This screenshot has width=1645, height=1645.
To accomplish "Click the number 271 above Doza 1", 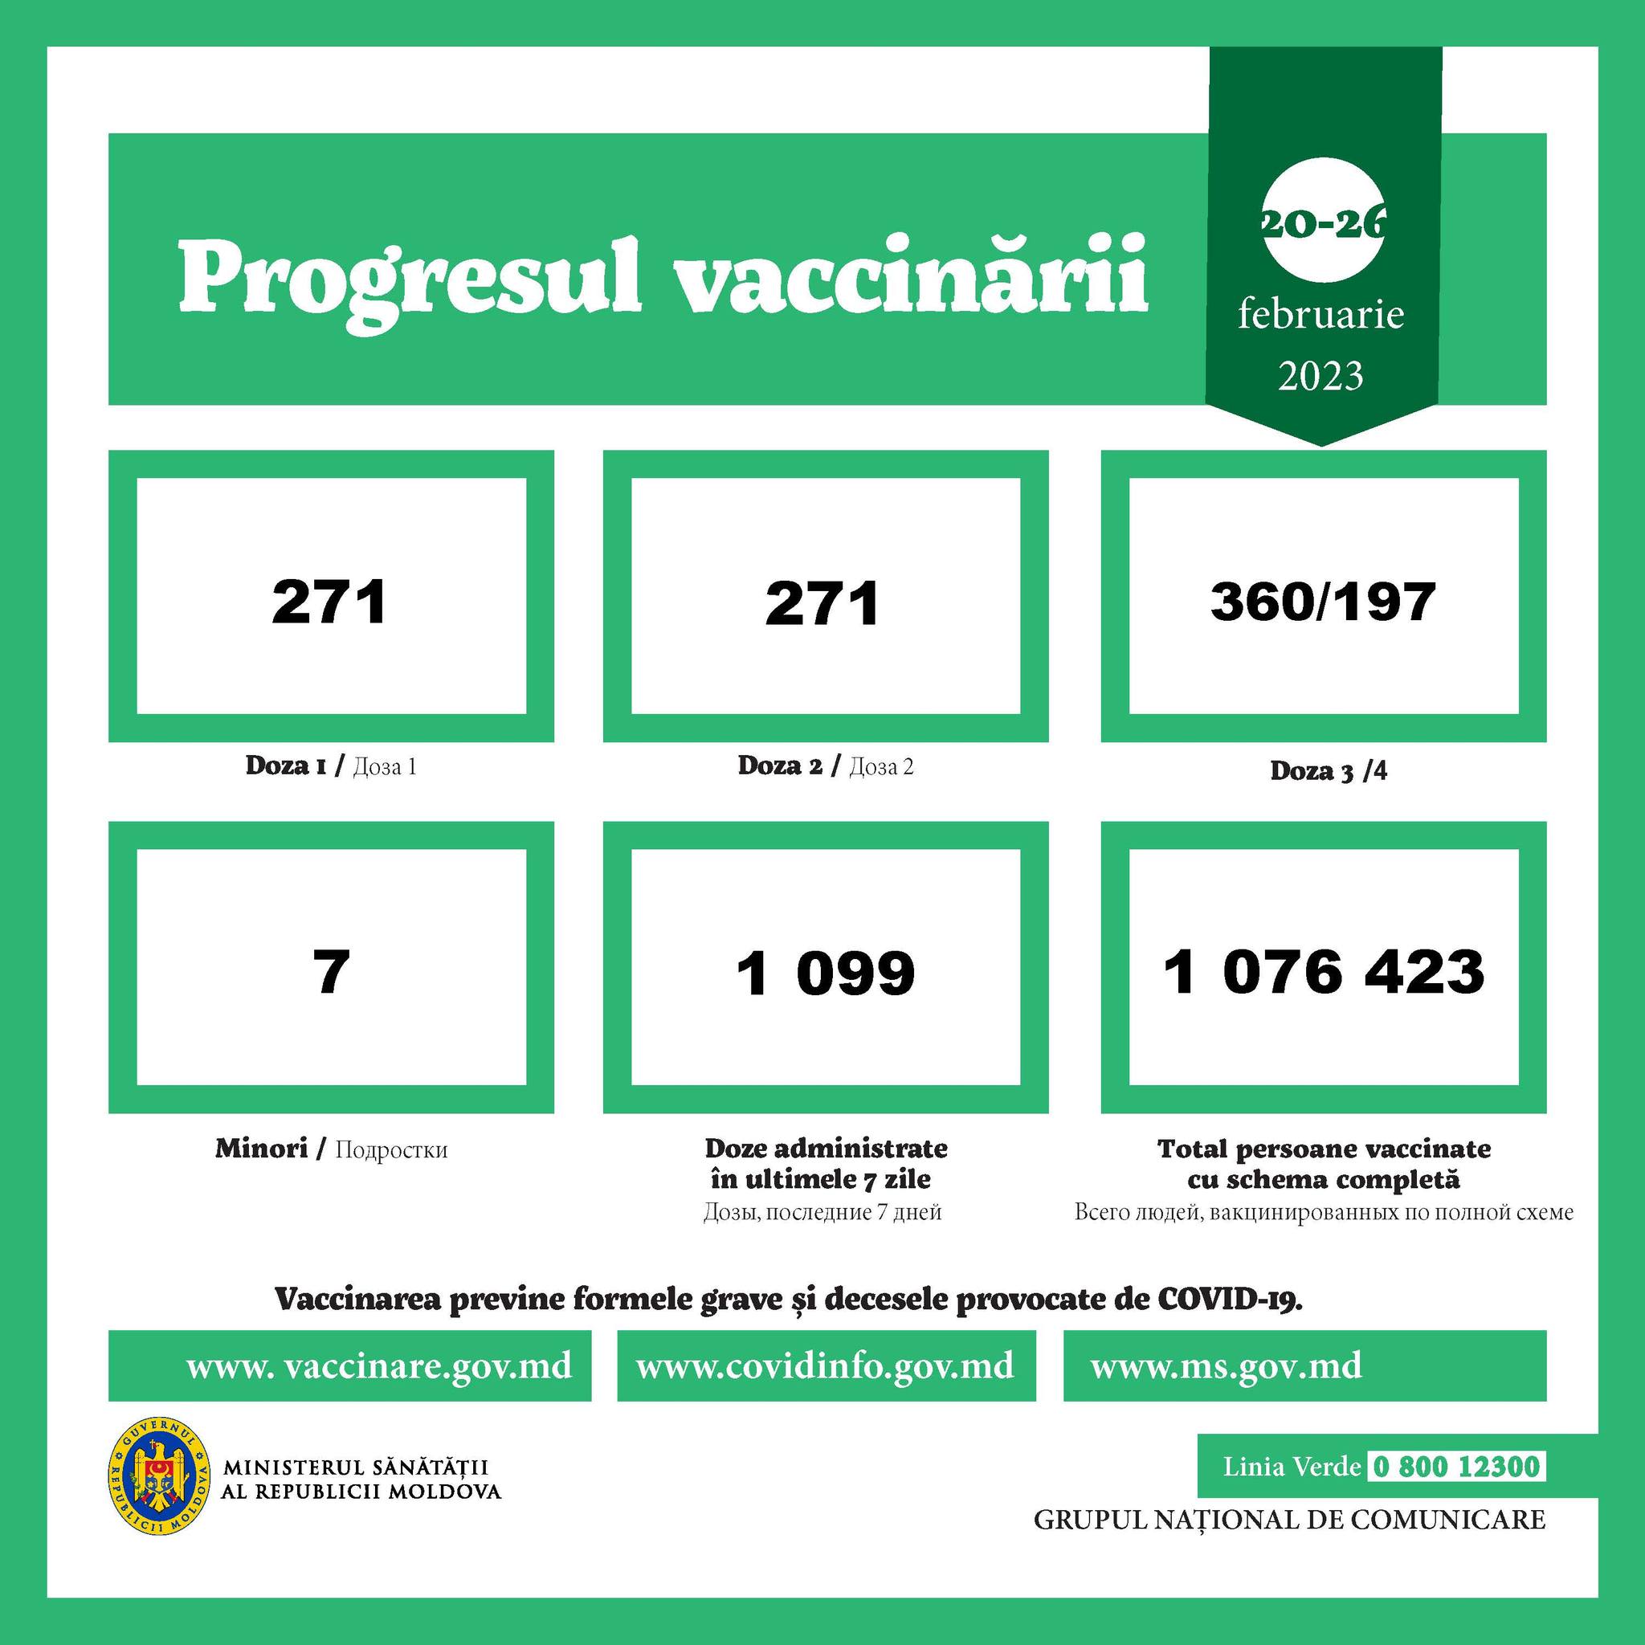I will (329, 602).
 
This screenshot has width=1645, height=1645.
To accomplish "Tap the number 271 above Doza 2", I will (822, 603).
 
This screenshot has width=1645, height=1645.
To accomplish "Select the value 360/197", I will (1323, 602).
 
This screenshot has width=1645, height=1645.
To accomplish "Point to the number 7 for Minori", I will (331, 972).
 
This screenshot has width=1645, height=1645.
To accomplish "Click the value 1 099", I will (825, 973).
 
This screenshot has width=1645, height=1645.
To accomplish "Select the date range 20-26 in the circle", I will (1322, 223).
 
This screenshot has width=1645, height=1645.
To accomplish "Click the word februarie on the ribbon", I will (1320, 315).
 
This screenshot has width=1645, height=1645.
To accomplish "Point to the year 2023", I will (1320, 375).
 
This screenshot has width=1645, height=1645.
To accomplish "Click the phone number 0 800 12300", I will (1456, 1466).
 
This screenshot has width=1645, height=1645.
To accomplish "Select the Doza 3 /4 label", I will (1329, 770).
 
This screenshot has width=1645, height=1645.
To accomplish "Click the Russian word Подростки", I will (391, 1150).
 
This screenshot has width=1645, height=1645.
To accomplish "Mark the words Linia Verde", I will (1292, 1467).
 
